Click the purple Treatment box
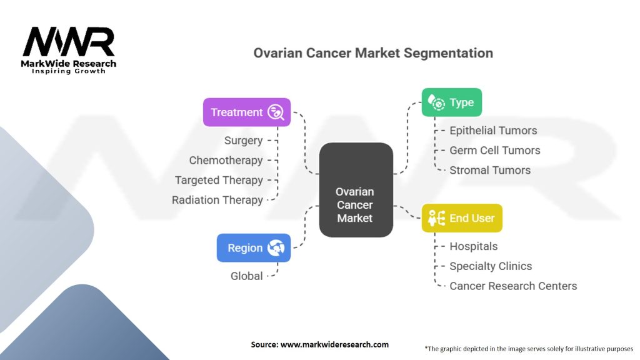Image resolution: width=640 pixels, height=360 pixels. pyautogui.click(x=247, y=112)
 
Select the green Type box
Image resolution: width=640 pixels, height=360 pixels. pyautogui.click(x=452, y=102)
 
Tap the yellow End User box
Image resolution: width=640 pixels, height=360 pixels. pyautogui.click(x=462, y=218)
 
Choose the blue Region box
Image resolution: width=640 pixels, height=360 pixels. pyautogui.click(x=254, y=247)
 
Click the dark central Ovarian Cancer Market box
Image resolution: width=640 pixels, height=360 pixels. pyautogui.click(x=356, y=190)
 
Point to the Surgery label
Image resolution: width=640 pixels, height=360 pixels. pyautogui.click(x=243, y=141)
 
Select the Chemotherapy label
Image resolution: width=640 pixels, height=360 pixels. pyautogui.click(x=226, y=161)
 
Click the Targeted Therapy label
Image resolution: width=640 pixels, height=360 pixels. pyautogui.click(x=219, y=180)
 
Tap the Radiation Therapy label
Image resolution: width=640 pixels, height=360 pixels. pyautogui.click(x=217, y=200)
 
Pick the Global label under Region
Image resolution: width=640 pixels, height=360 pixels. pyautogui.click(x=246, y=276)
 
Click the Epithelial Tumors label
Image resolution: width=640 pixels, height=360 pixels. pyautogui.click(x=493, y=131)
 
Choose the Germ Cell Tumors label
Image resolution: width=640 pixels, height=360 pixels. pyautogui.click(x=495, y=150)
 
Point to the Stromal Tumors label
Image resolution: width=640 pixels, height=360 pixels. pyautogui.click(x=490, y=170)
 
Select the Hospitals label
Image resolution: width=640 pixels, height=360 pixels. pyautogui.click(x=474, y=246)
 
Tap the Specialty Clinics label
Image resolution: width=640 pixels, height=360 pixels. pyautogui.click(x=491, y=266)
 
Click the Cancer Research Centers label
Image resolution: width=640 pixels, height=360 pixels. pyautogui.click(x=513, y=286)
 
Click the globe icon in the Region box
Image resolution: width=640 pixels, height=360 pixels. pyautogui.click(x=276, y=247)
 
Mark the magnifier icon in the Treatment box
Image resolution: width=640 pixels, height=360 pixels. pyautogui.click(x=276, y=112)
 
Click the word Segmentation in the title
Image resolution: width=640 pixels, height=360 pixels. pyautogui.click(x=448, y=53)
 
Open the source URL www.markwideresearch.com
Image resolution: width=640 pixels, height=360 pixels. pyautogui.click(x=334, y=344)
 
